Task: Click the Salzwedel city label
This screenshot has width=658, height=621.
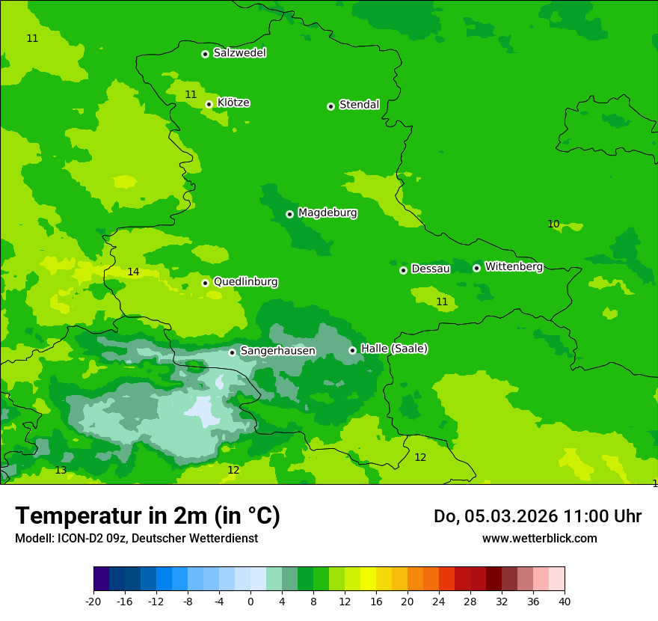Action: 239,53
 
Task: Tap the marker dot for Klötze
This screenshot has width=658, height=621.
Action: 209,105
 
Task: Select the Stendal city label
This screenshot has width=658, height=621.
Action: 359,105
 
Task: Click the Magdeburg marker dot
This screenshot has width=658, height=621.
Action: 289,214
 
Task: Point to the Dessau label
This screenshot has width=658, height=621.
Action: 430,269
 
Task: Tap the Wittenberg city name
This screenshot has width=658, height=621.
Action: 513,266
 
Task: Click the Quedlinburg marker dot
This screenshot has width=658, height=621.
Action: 205,283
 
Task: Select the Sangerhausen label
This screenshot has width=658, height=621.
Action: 277,351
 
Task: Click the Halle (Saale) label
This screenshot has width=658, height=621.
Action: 394,349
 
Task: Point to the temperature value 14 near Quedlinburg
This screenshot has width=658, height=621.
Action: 133,272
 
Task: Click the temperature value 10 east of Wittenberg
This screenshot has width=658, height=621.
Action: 553,224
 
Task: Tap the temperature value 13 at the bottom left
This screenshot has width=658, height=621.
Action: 61,471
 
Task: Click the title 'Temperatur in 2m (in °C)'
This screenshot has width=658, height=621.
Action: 147,516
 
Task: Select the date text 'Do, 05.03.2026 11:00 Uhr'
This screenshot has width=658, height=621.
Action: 537,516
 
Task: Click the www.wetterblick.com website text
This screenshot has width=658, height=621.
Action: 539,539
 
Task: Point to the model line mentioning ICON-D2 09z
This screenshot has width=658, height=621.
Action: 136,539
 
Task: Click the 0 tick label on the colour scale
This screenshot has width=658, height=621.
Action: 250,602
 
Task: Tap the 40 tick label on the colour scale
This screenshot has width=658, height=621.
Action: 564,602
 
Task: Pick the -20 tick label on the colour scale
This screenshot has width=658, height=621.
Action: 93,602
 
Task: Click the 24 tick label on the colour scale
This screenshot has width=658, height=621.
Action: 438,602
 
